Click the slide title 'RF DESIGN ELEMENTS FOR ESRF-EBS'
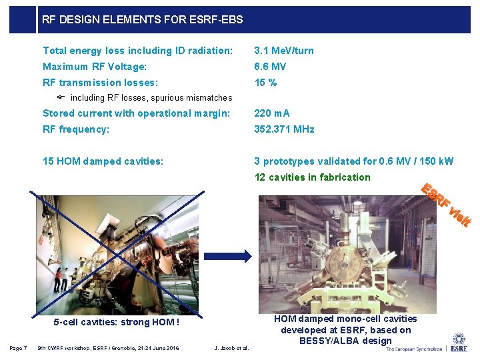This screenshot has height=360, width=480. pos(142,20)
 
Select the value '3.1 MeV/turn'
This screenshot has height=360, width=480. pos(283,51)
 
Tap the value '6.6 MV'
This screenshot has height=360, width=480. pos(270,67)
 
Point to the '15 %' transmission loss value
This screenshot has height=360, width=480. pos(265,83)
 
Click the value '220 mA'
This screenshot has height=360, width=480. pos(272,113)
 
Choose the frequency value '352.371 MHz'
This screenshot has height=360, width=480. pos(284,129)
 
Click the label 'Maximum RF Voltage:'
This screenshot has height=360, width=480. pos(95,67)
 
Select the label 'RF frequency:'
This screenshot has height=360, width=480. pos(76,129)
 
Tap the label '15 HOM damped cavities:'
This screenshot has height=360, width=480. pos(103,161)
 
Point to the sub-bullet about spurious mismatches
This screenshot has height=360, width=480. pos(151,98)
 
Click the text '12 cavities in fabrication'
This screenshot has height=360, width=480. pos(312,177)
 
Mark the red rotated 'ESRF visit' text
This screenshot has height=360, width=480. pos(446,203)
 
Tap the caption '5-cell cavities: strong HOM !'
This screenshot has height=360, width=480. pos(116,323)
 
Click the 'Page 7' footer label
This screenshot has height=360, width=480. pos(18,347)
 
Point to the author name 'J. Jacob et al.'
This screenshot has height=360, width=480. pos(231,347)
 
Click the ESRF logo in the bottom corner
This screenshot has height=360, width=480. pos(459,341)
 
